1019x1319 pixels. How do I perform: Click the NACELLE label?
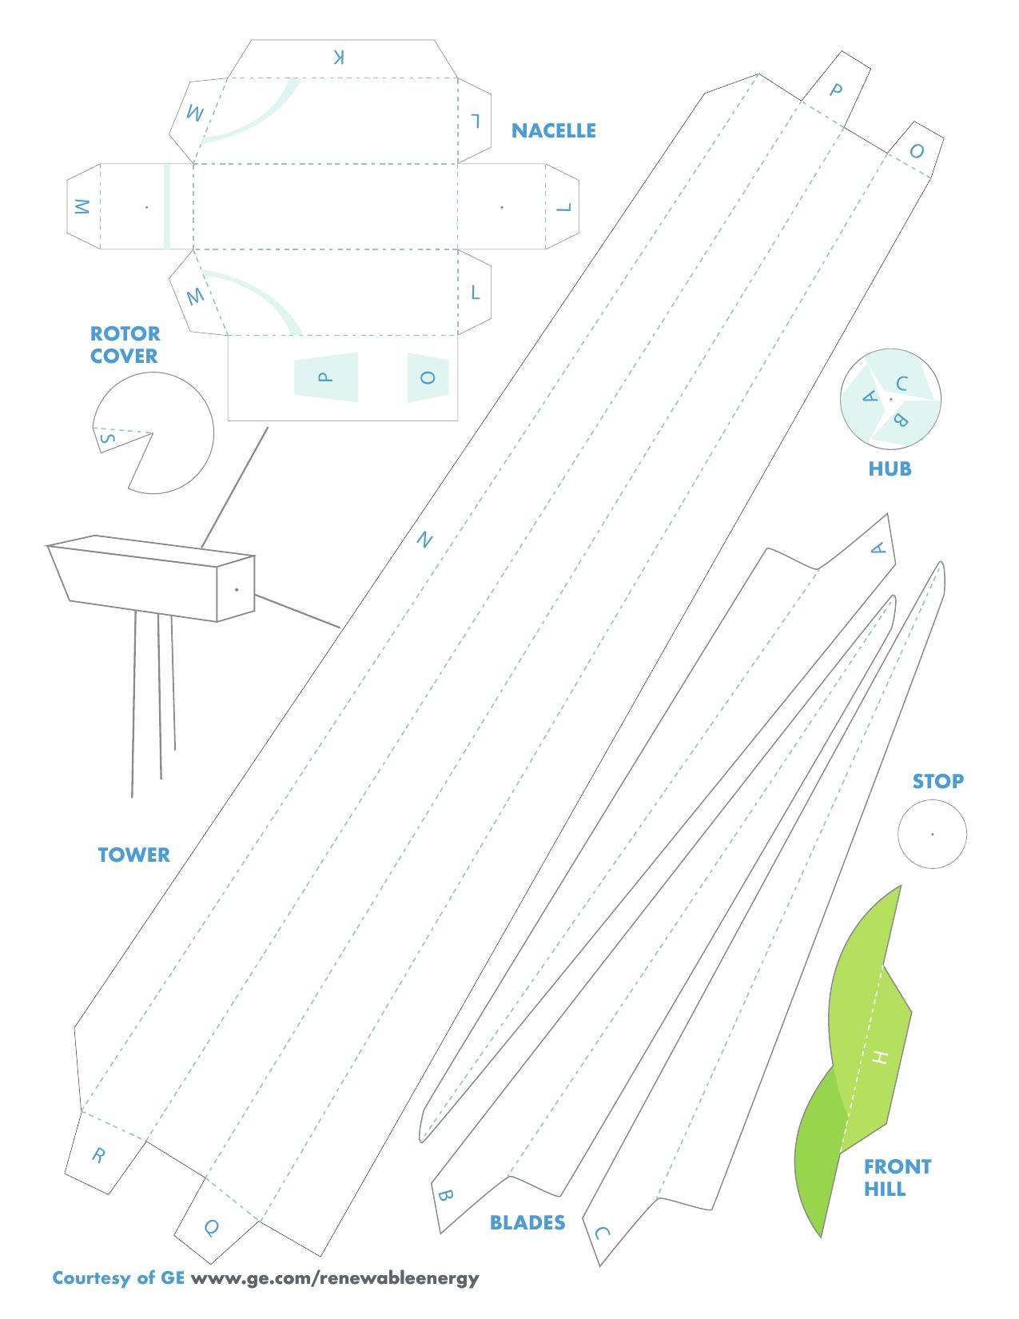coord(554,130)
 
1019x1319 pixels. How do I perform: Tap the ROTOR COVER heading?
coord(125,345)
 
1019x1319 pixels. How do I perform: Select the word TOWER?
coord(134,855)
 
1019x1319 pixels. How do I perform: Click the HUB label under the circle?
coord(890,468)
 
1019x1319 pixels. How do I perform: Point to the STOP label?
coord(937,781)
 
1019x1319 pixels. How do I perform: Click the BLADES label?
coord(527,1222)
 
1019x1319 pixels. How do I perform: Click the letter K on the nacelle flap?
coord(339,58)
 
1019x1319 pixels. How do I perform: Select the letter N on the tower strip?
coord(425,540)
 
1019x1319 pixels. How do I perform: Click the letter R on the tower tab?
coord(98,1156)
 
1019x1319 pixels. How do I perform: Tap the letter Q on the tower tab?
coord(211,1228)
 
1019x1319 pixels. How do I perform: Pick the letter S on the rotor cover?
coord(107,438)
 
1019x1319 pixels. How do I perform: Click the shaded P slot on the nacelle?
coord(326,377)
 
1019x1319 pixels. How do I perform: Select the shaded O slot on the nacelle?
coord(428,377)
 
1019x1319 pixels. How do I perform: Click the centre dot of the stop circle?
coord(932,834)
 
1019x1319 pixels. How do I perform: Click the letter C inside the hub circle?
coord(902,384)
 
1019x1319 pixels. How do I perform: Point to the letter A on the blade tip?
coord(878,548)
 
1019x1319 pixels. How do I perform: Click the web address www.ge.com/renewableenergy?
coord(335,1278)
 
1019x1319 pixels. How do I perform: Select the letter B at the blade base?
coord(445,1196)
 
